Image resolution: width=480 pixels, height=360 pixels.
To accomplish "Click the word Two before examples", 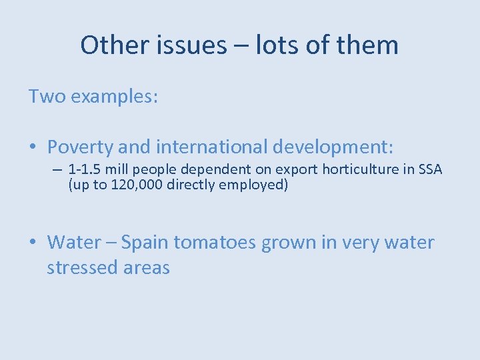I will tap(47, 97).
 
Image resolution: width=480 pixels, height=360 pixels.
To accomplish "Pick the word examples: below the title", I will tap(114, 97).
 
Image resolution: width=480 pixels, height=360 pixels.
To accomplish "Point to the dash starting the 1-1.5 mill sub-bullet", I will tap(58, 170).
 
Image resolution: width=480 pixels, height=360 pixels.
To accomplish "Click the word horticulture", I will tap(364, 170).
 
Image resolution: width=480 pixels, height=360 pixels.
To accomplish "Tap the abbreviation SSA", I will tap(428, 170).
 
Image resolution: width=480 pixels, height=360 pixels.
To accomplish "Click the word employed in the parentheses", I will tap(256, 185).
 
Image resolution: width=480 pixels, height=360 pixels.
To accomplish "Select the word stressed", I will tap(82, 268).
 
